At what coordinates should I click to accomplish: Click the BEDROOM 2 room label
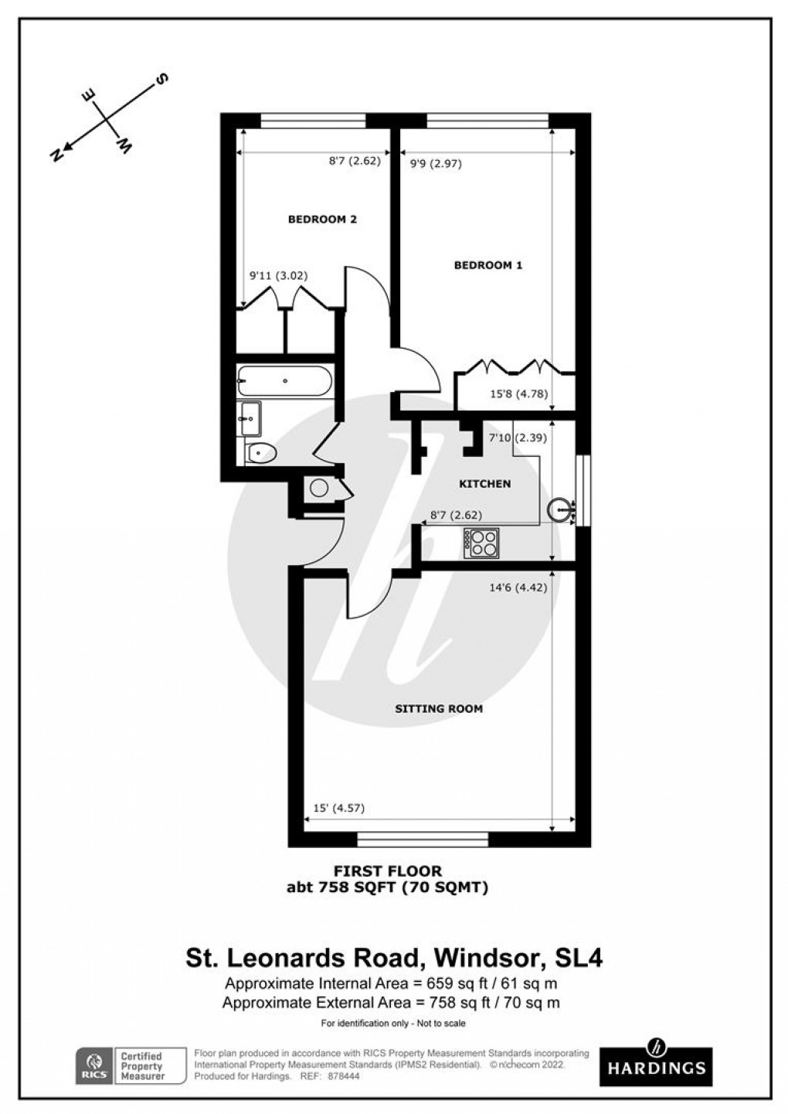(322, 220)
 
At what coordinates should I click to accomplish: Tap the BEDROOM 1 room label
(487, 265)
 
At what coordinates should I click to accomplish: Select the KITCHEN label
(484, 484)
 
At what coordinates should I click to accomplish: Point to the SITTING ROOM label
(439, 708)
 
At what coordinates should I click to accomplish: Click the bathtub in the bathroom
(285, 380)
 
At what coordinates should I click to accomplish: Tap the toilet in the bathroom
(261, 452)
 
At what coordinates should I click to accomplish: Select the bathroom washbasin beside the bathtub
(250, 418)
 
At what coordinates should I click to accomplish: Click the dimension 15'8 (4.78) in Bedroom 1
(519, 393)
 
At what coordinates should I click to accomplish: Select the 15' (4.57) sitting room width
(338, 809)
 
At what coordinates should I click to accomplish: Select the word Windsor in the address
(484, 959)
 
